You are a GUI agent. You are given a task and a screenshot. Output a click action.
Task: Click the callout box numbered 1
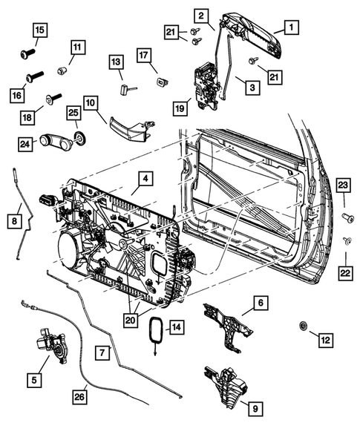pyautogui.click(x=290, y=27)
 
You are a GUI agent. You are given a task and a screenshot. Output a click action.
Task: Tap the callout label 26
pyautogui.click(x=79, y=397)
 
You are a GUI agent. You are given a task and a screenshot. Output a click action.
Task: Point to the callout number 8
pyautogui.click(x=13, y=220)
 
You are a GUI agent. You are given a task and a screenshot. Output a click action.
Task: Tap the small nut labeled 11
pyautogui.click(x=62, y=71)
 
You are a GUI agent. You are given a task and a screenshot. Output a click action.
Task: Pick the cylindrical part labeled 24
pyautogui.click(x=56, y=141)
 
